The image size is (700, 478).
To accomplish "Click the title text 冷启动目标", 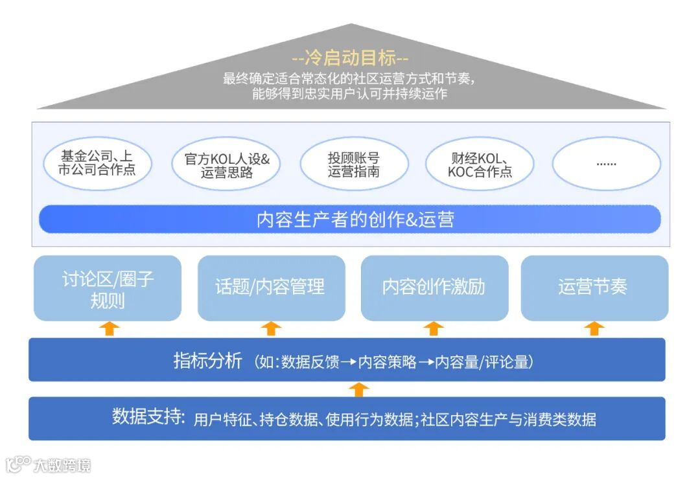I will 350,58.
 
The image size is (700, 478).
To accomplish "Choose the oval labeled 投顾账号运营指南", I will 354,165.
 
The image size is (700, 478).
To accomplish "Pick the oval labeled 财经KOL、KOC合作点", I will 480,165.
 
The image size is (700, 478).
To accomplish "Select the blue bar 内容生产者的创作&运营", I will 350,219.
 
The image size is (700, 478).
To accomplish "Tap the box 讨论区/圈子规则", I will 108,288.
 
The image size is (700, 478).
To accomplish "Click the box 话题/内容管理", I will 271,287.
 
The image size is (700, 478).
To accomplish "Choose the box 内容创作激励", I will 434,287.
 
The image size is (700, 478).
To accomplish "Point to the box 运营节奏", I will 594,287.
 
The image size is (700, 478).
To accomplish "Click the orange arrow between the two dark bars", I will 360,389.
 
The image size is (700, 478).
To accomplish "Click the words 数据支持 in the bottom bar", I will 148,416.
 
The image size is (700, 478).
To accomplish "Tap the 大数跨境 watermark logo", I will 49,464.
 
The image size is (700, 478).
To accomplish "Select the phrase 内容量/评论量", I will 482,362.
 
